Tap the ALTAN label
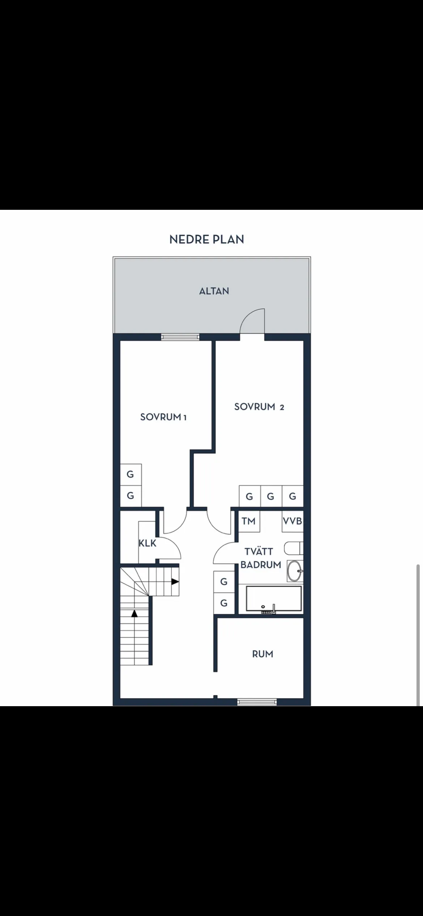coord(214,291)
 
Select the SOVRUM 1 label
coord(163,417)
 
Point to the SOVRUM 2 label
coord(259,407)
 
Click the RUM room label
coord(262,654)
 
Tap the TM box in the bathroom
coord(249,521)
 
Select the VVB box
coord(292,521)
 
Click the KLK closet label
coord(147,543)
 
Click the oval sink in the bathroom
coord(294,571)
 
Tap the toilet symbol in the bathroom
coord(293,548)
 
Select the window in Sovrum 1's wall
coord(180,337)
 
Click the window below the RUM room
coord(257,702)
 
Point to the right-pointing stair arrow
coord(175,582)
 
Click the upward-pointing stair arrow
coord(134,614)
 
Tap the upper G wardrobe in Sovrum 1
coord(131,474)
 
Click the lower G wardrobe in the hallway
coord(224,603)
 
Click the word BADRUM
coord(261,565)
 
